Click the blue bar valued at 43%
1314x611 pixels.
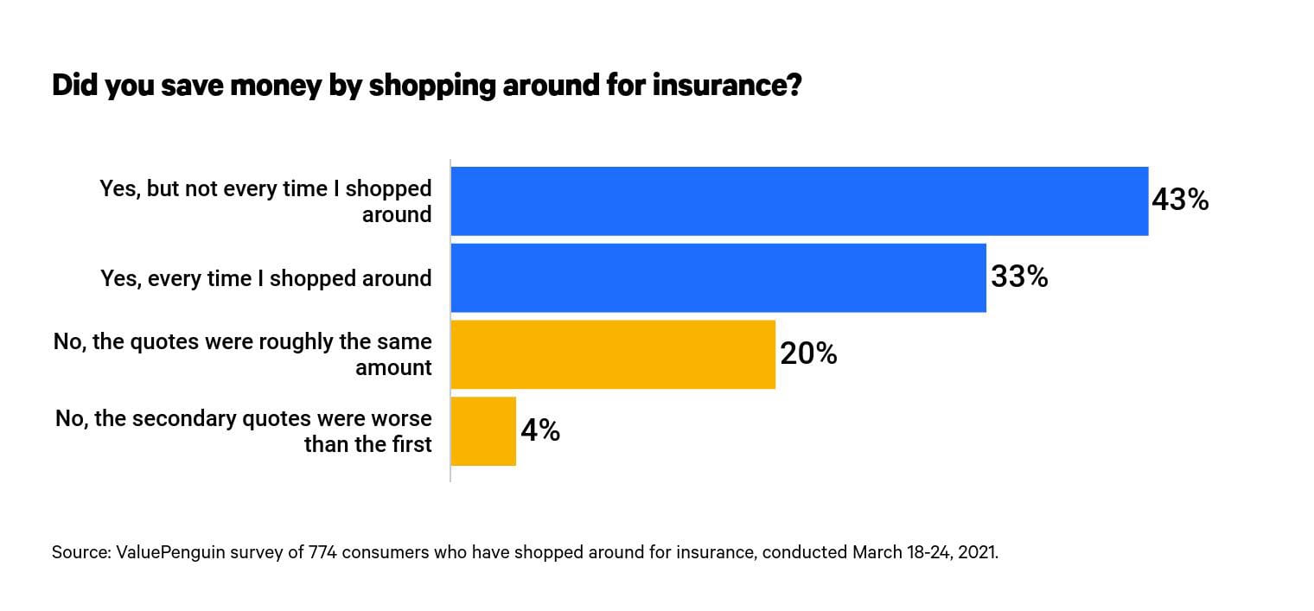[799, 201]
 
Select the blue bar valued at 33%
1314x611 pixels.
[718, 277]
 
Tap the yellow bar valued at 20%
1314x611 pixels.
[612, 354]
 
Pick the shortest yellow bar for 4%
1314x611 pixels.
[483, 431]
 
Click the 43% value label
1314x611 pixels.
[1179, 200]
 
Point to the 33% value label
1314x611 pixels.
[1019, 277]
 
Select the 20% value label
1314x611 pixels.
[808, 353]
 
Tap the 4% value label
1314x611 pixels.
[540, 430]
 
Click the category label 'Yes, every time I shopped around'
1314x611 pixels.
[265, 278]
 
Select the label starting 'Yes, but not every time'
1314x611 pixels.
[265, 201]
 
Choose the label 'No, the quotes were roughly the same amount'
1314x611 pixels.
[243, 354]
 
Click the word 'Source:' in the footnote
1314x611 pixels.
[79, 552]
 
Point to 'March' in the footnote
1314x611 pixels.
[877, 552]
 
